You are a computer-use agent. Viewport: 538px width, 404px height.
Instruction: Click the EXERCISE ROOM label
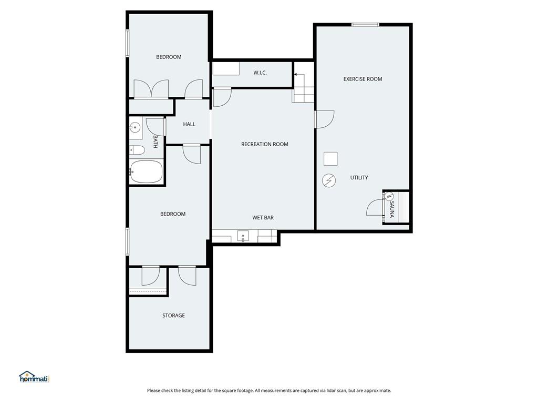363,79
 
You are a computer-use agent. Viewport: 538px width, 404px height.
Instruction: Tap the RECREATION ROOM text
264,144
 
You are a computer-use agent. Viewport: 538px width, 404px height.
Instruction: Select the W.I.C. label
260,73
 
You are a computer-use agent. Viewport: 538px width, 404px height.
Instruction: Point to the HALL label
189,124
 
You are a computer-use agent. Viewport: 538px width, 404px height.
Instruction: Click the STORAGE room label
173,316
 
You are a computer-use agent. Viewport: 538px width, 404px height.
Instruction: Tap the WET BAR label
263,217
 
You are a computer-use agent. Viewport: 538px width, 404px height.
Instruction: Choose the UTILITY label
359,178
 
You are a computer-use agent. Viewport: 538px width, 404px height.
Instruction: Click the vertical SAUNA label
391,209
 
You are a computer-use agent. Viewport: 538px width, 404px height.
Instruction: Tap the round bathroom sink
135,128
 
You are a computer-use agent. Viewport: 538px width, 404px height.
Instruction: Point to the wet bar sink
244,236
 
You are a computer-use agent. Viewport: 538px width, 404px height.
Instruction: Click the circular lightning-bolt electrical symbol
329,180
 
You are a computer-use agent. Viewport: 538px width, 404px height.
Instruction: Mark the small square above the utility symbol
330,158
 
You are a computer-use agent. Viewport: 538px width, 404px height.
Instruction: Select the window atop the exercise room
365,24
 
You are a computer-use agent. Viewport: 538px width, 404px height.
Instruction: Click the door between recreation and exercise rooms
324,119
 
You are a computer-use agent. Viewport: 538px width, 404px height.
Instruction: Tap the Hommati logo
34,377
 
